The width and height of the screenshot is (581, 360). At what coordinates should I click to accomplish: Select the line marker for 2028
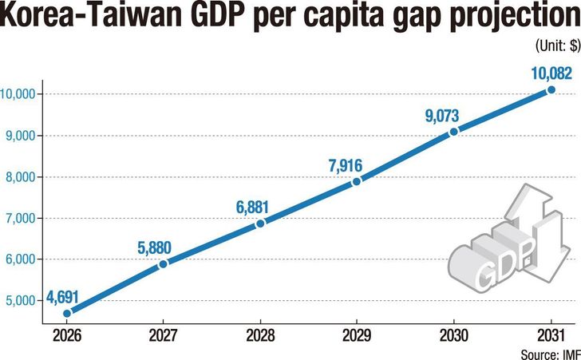click(260, 224)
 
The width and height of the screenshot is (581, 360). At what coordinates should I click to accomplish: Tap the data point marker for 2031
click(551, 90)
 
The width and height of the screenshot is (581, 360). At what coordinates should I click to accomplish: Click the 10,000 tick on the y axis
click(19, 94)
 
